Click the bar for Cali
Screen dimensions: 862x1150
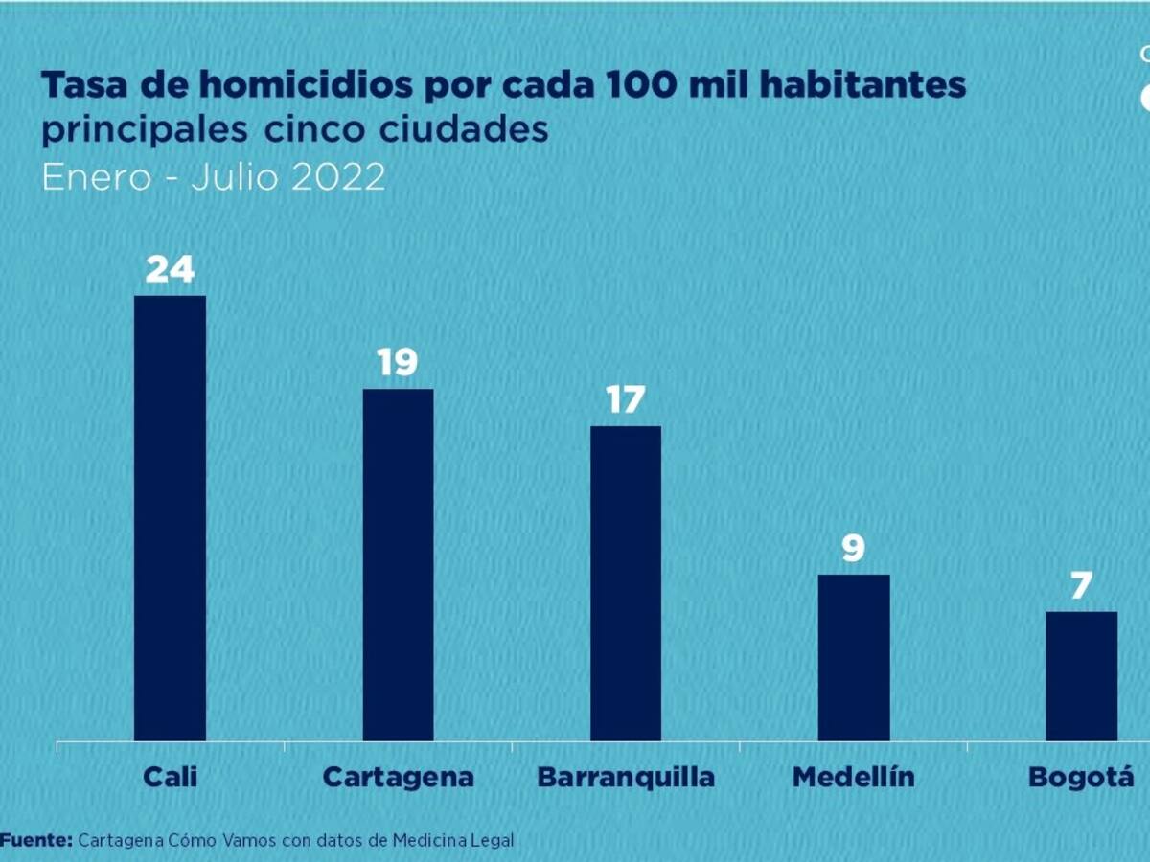coord(170,517)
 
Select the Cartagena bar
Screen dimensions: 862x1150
coord(398,564)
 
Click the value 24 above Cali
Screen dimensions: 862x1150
coord(170,270)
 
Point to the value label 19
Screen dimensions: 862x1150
coord(398,363)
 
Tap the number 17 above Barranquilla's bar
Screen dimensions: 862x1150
coord(625,400)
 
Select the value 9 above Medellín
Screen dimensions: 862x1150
coord(853,549)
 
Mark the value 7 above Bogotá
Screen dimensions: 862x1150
coord(1081,586)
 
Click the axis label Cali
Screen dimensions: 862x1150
coord(170,776)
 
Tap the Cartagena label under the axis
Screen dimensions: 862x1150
coord(398,776)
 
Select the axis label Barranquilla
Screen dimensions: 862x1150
coord(625,776)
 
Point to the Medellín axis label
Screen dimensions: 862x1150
coord(853,776)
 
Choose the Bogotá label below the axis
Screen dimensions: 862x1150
coord(1080,776)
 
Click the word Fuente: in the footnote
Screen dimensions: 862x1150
coord(35,840)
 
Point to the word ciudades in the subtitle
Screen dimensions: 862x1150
coord(482,130)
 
